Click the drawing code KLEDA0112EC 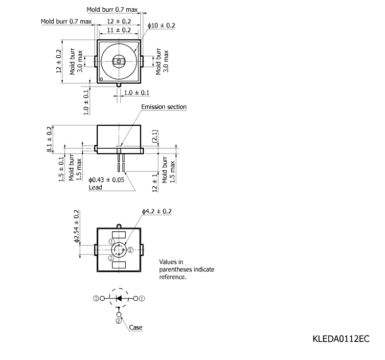(341, 339)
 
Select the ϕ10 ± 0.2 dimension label (161, 25)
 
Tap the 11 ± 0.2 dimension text (119, 30)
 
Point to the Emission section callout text (164, 107)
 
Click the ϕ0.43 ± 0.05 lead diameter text (107, 180)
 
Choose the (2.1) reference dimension (155, 136)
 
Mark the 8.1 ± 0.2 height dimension (49, 139)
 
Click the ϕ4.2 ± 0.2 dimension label (157, 211)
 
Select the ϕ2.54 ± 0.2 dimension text (77, 226)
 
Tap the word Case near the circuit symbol (136, 327)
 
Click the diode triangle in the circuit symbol (119, 298)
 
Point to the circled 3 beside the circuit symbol (96, 298)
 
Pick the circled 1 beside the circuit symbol (142, 298)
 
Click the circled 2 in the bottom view (130, 250)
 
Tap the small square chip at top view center (119, 62)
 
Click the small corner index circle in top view (101, 79)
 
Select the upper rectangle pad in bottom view (119, 235)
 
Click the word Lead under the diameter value (95, 187)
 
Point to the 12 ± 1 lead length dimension (155, 183)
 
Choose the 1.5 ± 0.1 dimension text (61, 169)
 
